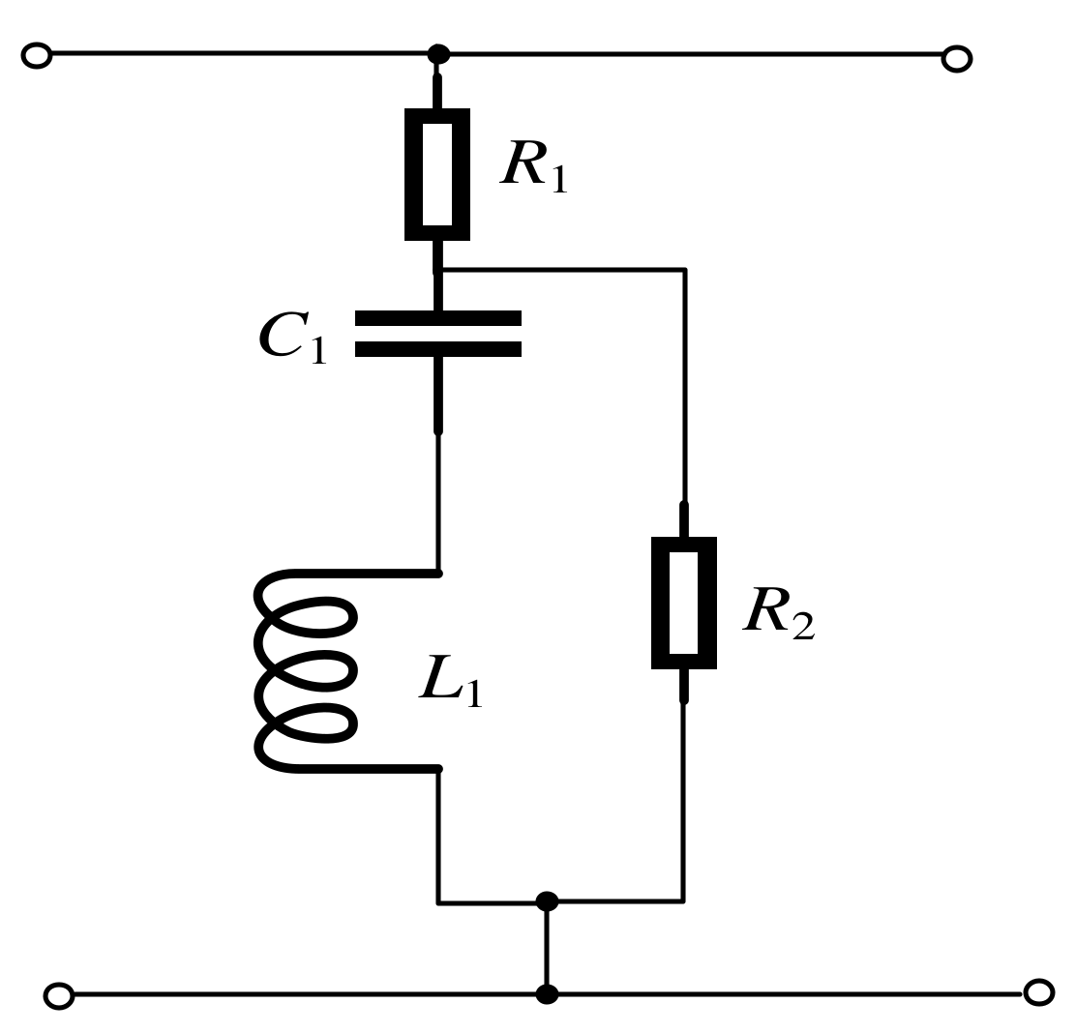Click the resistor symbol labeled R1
(437, 174)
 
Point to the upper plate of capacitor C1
(438, 318)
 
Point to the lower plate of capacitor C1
(438, 349)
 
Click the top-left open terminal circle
(36, 57)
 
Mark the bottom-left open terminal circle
(59, 995)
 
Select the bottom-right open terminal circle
(1038, 991)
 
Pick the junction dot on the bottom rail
(547, 993)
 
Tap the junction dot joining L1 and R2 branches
(547, 902)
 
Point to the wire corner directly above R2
(685, 270)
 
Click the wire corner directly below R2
(685, 901)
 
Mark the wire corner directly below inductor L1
(439, 902)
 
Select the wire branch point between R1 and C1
(440, 270)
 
